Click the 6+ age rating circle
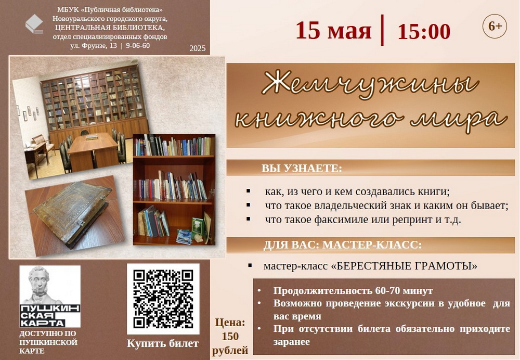pos(495,26)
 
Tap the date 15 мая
pos(333,31)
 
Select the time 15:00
pos(424,32)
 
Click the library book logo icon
pos(34,24)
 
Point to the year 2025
pos(198,48)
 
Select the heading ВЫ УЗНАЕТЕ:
pos(302,168)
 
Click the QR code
pos(163,299)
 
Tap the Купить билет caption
pos(162,344)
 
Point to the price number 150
pos(230,337)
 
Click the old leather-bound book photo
pos(72,214)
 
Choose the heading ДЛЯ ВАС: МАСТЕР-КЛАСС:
pos(343,245)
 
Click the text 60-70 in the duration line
pos(387,291)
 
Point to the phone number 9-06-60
pos(138,45)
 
